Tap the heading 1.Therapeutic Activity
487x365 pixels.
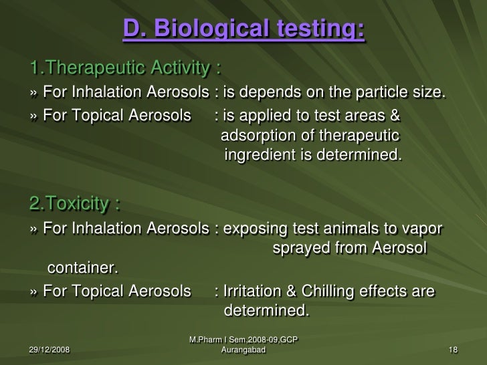(126, 69)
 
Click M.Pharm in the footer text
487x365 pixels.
(206, 340)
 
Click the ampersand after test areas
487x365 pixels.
(395, 116)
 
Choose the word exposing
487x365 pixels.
(257, 229)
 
